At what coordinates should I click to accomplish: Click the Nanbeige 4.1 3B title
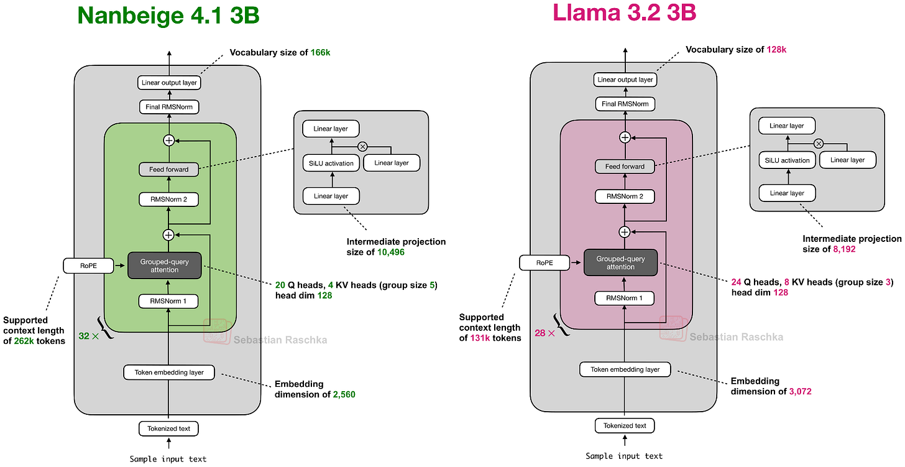pos(168,15)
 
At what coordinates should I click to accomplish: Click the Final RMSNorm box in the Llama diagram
pos(625,104)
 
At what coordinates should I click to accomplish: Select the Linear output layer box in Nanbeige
pos(168,82)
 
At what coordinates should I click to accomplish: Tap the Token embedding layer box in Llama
pos(625,369)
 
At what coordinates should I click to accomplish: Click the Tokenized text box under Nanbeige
pos(168,428)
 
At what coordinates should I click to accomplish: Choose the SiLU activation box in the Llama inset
pos(787,160)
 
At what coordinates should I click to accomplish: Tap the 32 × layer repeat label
pos(88,336)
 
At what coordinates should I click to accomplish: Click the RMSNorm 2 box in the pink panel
pos(625,197)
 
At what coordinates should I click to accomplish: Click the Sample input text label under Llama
pos(624,456)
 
